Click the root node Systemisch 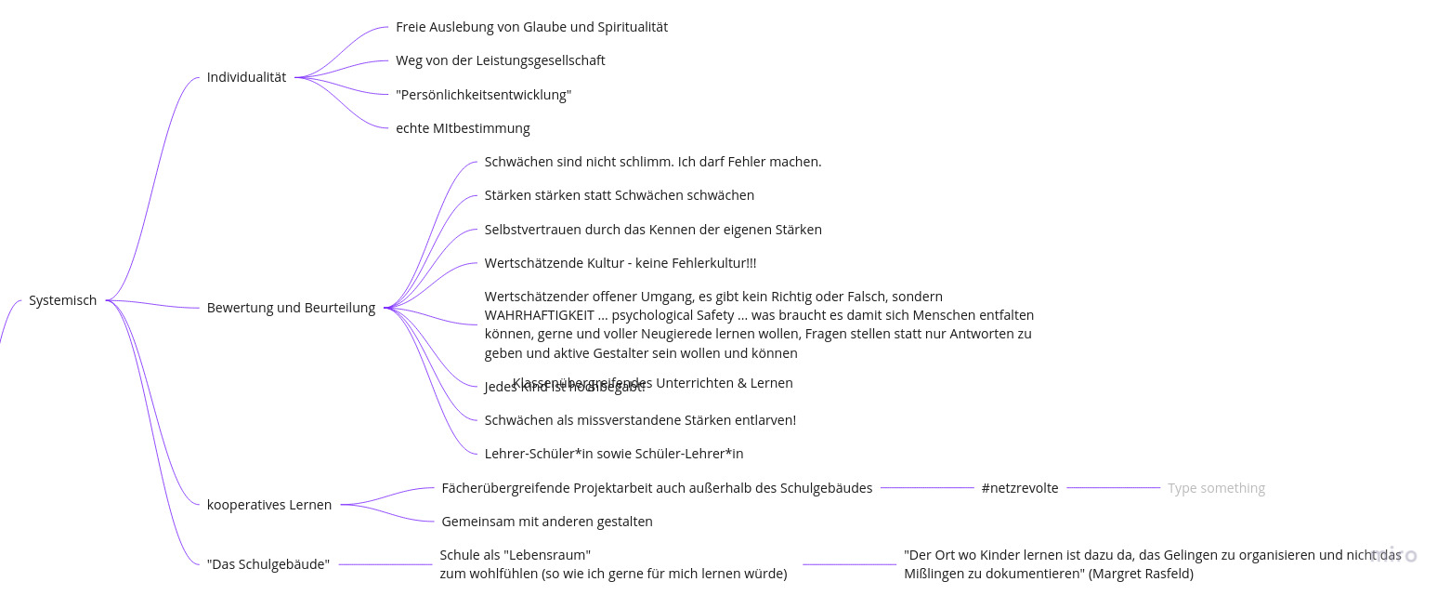(62, 300)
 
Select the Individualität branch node (246, 77)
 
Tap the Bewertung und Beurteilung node (291, 308)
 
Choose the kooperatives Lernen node (268, 505)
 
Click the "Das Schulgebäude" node (268, 564)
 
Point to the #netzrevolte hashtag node (1019, 488)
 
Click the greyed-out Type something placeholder (1216, 488)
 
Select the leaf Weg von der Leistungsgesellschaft (500, 60)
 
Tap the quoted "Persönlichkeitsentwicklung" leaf (483, 95)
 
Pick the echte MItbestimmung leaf (463, 128)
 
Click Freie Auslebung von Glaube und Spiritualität (531, 27)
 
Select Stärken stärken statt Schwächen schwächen (619, 195)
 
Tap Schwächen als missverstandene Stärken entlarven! (640, 420)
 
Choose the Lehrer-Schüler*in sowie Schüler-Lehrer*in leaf (613, 454)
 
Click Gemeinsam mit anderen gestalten (546, 522)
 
